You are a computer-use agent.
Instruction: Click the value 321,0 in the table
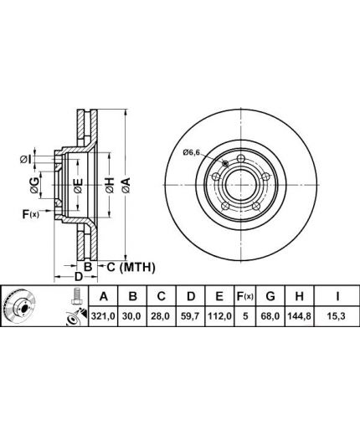pos(103,316)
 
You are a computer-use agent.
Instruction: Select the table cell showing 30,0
pos(132,316)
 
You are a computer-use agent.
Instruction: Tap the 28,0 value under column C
pos(161,316)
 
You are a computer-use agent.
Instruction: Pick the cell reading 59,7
pos(190,316)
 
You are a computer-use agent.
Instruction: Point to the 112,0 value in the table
pos(219,316)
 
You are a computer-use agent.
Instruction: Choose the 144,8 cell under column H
pos(299,316)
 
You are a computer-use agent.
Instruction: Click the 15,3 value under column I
pos(337,316)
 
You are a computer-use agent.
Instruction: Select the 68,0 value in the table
pos(270,316)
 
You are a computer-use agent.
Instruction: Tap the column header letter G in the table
pos(270,296)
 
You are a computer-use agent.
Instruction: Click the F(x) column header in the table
pos(244,296)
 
